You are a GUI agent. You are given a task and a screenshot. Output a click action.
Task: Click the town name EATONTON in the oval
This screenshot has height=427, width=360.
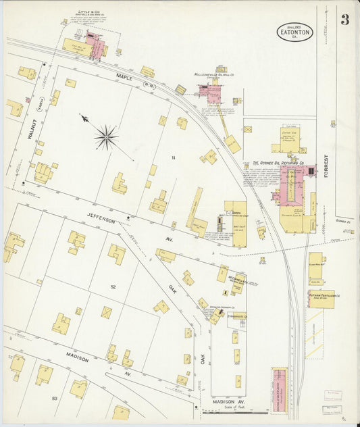coord(294,31)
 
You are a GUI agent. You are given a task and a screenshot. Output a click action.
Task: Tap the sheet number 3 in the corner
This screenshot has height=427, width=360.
coord(344,20)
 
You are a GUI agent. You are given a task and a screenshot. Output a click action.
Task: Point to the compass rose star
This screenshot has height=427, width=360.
coord(105,138)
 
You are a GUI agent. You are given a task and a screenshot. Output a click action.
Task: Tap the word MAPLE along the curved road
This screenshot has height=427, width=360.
coord(125,77)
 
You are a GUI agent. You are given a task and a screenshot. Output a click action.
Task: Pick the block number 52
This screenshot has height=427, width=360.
coord(113,287)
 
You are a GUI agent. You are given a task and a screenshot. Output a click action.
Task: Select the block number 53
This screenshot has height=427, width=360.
coord(54,399)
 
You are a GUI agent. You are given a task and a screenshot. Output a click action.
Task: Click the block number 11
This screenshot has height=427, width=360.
coord(173,157)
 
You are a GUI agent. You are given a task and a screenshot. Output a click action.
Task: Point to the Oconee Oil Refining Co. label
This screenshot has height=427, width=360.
coord(278,163)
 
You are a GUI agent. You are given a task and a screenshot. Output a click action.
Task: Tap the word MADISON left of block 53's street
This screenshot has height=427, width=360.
coord(77,358)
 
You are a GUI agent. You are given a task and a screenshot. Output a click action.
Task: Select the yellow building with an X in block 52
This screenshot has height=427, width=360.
coord(107,312)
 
